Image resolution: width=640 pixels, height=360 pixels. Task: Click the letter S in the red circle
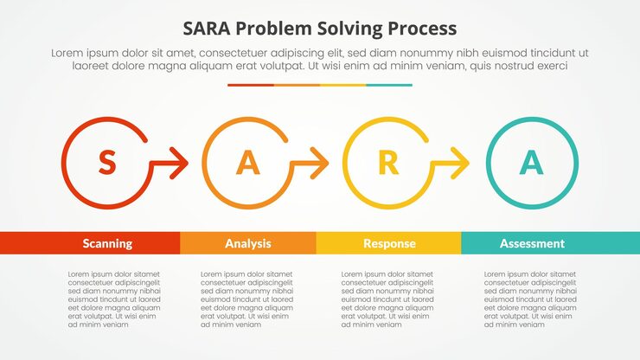pos(106,162)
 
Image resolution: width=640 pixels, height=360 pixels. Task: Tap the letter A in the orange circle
pos(248,162)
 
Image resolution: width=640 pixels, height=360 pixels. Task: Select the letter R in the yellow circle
pos(388,162)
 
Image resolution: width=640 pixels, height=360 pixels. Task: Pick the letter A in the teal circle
pos(531,162)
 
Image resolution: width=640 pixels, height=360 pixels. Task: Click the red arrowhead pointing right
pos(180,162)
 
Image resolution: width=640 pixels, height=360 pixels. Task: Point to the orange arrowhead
pos(321,162)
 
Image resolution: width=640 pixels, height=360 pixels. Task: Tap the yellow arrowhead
pos(462,162)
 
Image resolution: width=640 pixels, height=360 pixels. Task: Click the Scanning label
pos(107,244)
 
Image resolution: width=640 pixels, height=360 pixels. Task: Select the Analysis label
pos(248,244)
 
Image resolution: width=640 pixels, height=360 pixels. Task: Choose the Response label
pos(389,244)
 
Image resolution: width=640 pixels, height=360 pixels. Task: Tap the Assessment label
pos(532,244)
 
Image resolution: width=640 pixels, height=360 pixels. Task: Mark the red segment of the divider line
pos(251,85)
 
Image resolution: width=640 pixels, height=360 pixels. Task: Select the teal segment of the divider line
pos(389,85)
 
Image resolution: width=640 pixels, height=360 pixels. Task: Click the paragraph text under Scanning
pos(114,299)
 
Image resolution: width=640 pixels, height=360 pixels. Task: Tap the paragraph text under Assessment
pos(529,299)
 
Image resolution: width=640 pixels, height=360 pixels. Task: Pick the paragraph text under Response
pos(387,299)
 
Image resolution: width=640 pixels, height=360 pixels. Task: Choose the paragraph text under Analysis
pos(246,299)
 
